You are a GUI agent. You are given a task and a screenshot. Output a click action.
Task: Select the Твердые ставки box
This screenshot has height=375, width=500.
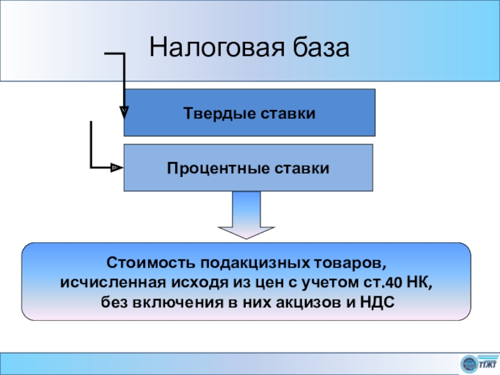249,112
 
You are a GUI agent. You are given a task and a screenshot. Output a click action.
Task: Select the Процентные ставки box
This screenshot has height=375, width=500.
248,167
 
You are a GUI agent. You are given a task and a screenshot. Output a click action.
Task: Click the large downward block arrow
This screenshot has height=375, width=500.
246,215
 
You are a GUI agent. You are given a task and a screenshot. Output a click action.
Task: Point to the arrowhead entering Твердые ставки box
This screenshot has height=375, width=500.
124,112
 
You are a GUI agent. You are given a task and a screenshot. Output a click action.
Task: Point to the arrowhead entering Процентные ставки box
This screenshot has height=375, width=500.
116,167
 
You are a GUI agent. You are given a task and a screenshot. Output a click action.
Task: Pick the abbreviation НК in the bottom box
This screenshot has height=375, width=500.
417,282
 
